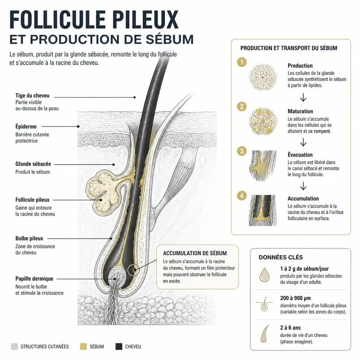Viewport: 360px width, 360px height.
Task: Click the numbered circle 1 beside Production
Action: coord(242,62)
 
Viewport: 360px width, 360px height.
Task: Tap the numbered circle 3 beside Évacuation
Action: coord(242,151)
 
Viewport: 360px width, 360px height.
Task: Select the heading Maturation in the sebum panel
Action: coord(300,112)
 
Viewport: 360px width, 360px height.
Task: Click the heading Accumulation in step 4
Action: coord(303,199)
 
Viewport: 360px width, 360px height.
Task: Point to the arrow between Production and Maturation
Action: coord(303,97)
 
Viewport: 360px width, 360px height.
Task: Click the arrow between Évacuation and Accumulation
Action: coord(303,186)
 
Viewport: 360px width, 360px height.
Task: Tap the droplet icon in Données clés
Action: coord(264,275)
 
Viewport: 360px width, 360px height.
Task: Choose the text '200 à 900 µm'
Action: coord(295,298)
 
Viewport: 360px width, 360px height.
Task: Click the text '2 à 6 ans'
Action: coord(290,328)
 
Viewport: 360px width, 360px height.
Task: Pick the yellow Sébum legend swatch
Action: coord(83,346)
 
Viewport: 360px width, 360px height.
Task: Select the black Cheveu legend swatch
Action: coord(119,346)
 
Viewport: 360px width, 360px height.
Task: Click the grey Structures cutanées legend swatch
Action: coord(14,346)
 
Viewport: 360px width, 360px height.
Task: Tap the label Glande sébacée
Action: coord(33,164)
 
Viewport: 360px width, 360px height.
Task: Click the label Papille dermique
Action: coord(34,279)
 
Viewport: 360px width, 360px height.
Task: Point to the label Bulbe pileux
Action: coord(29,238)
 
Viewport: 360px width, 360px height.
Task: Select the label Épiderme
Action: coord(26,127)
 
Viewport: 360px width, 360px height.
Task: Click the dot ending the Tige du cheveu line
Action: coord(135,97)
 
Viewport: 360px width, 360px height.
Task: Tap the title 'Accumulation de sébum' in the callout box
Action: coord(195,253)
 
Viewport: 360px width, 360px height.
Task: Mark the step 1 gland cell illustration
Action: coord(263,77)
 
